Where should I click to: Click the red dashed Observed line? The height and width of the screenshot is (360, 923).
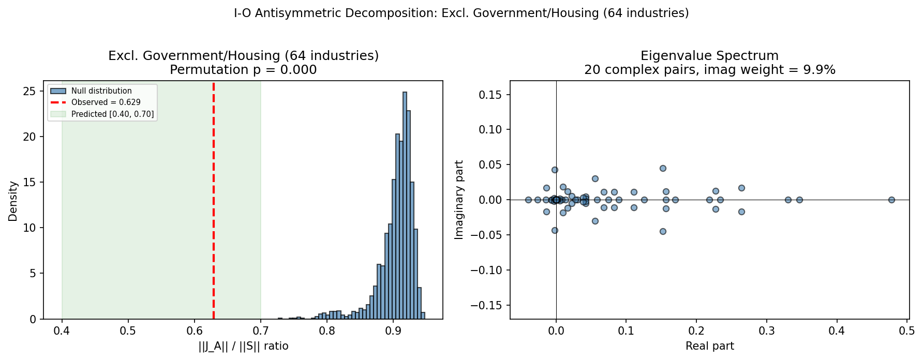point(214,207)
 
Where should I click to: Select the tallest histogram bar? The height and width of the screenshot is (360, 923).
point(405,207)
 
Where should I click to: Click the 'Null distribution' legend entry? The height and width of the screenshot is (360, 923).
point(101,91)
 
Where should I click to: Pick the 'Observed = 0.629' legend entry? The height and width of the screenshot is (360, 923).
point(106,102)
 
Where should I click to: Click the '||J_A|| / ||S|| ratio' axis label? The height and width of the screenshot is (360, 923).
point(243,346)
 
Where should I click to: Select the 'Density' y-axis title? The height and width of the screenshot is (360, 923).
point(13,201)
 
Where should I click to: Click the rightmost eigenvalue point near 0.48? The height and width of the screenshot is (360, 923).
point(891,200)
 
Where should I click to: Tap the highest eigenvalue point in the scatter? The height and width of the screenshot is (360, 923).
point(663,168)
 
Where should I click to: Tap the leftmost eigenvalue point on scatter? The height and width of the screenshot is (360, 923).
point(528,200)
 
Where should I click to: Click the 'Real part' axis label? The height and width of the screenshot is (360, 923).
point(709,346)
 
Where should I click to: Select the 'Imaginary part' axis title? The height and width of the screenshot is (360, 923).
point(459,200)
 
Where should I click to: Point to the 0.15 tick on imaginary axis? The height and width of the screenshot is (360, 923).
point(490,95)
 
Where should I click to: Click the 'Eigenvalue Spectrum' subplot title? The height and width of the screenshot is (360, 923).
point(709,56)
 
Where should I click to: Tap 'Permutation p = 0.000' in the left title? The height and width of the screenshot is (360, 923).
point(243,70)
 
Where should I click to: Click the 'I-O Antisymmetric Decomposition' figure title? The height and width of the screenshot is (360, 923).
point(461,13)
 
